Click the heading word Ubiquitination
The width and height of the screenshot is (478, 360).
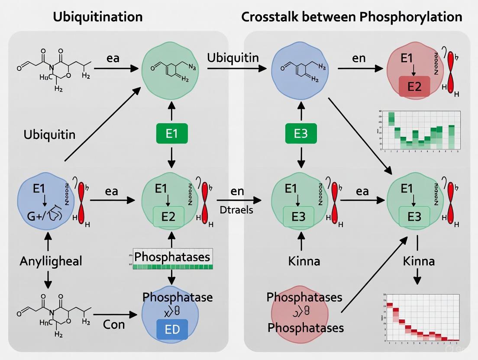tap(97, 17)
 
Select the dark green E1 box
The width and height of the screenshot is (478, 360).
tap(172, 134)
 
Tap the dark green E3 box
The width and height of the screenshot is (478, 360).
tap(300, 134)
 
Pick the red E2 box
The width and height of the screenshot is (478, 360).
tap(414, 87)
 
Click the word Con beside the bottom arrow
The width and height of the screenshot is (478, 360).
tap(114, 324)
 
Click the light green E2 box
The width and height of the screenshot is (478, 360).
tap(168, 216)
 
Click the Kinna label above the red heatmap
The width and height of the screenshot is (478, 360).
tap(418, 261)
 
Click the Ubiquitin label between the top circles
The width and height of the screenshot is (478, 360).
tap(233, 58)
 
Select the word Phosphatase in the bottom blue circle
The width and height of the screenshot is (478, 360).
tap(178, 297)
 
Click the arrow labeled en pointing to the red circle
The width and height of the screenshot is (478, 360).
tap(360, 68)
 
